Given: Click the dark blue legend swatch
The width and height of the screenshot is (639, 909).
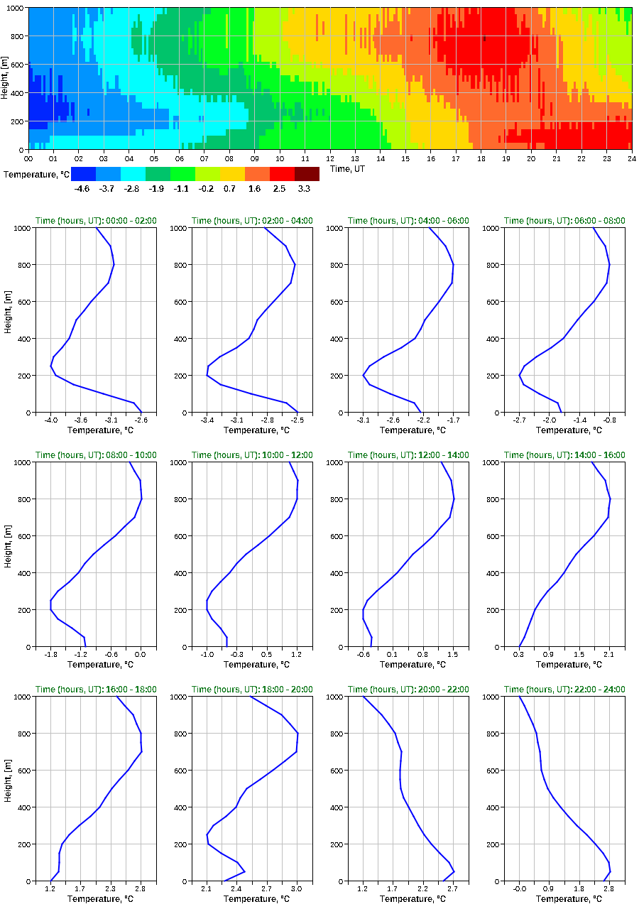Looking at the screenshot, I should (x=83, y=173).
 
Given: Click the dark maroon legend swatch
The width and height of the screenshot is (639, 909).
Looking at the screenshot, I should (x=307, y=173).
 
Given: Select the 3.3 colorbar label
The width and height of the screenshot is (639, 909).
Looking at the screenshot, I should (x=305, y=188).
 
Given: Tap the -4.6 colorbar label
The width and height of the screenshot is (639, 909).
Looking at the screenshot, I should (x=82, y=188).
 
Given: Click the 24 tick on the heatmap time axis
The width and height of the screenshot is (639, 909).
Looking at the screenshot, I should (x=631, y=159).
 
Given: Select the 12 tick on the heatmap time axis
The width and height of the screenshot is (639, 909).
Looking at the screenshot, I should (x=329, y=159).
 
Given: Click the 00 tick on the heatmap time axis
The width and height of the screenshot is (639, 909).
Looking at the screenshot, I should (x=28, y=159).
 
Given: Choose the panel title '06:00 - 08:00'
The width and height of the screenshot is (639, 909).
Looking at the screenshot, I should (x=564, y=221).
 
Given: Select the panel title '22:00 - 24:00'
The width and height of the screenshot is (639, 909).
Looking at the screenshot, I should (x=564, y=690).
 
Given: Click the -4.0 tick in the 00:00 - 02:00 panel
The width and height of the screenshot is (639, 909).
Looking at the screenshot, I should (x=51, y=421).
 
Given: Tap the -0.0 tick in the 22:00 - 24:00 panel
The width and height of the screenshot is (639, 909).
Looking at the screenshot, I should (x=519, y=890).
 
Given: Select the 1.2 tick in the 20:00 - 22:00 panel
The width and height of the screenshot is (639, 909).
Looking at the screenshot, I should (x=363, y=890).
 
